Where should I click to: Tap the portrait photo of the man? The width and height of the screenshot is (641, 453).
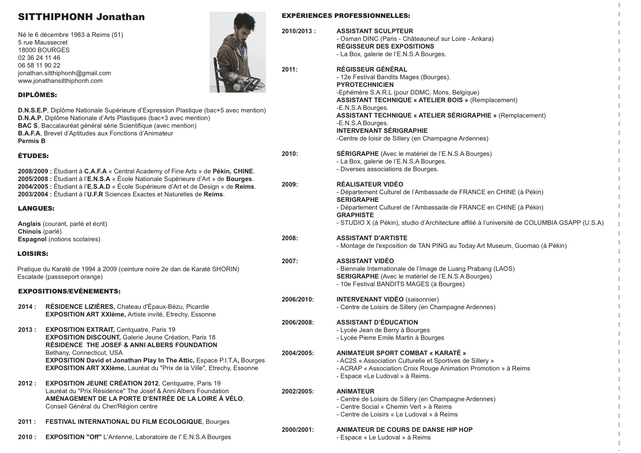click(238, 52)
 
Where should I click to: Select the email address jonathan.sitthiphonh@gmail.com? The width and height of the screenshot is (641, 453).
click(64, 73)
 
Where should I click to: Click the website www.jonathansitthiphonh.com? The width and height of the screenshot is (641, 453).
click(60, 81)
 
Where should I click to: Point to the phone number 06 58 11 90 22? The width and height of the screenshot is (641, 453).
click(39, 65)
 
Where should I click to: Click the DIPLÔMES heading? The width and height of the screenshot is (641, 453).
click(37, 95)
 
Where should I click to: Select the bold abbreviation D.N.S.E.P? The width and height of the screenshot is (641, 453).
click(33, 110)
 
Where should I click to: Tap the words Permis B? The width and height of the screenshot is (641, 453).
click(31, 141)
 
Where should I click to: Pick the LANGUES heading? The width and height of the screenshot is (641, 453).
click(36, 209)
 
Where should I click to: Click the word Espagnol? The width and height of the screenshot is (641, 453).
click(32, 239)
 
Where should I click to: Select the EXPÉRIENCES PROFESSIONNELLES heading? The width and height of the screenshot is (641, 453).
click(346, 16)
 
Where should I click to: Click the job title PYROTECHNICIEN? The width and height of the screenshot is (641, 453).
click(365, 85)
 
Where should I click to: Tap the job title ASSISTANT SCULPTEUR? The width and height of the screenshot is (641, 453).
click(375, 31)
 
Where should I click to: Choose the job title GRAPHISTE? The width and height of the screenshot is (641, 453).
click(355, 215)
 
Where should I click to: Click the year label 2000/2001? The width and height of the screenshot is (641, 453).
click(297, 430)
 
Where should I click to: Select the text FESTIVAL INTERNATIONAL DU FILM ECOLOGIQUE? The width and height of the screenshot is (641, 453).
click(124, 422)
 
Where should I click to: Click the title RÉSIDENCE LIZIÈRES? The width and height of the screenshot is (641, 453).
click(80, 307)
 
